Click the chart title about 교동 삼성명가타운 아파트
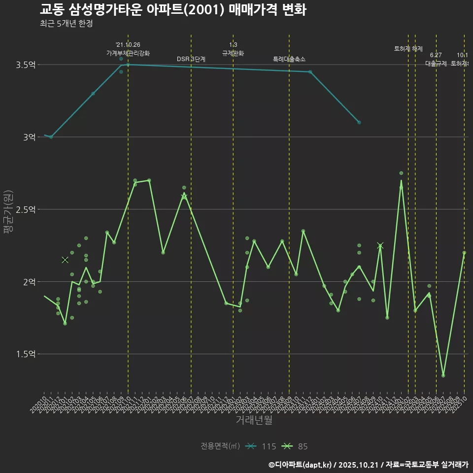point(173,10)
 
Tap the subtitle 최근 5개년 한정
point(66,24)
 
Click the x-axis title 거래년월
point(254,420)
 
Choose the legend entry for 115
point(261,446)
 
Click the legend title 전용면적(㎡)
point(220,446)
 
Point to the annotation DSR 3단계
point(191,59)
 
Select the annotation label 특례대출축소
point(289,59)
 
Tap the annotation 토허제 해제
point(408,49)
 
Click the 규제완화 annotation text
point(233,53)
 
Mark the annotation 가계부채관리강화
point(128,53)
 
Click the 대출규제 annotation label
point(436,64)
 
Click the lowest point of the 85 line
point(443,375)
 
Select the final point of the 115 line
point(359,122)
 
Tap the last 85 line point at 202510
point(464,253)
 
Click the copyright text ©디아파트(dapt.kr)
point(301,465)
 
